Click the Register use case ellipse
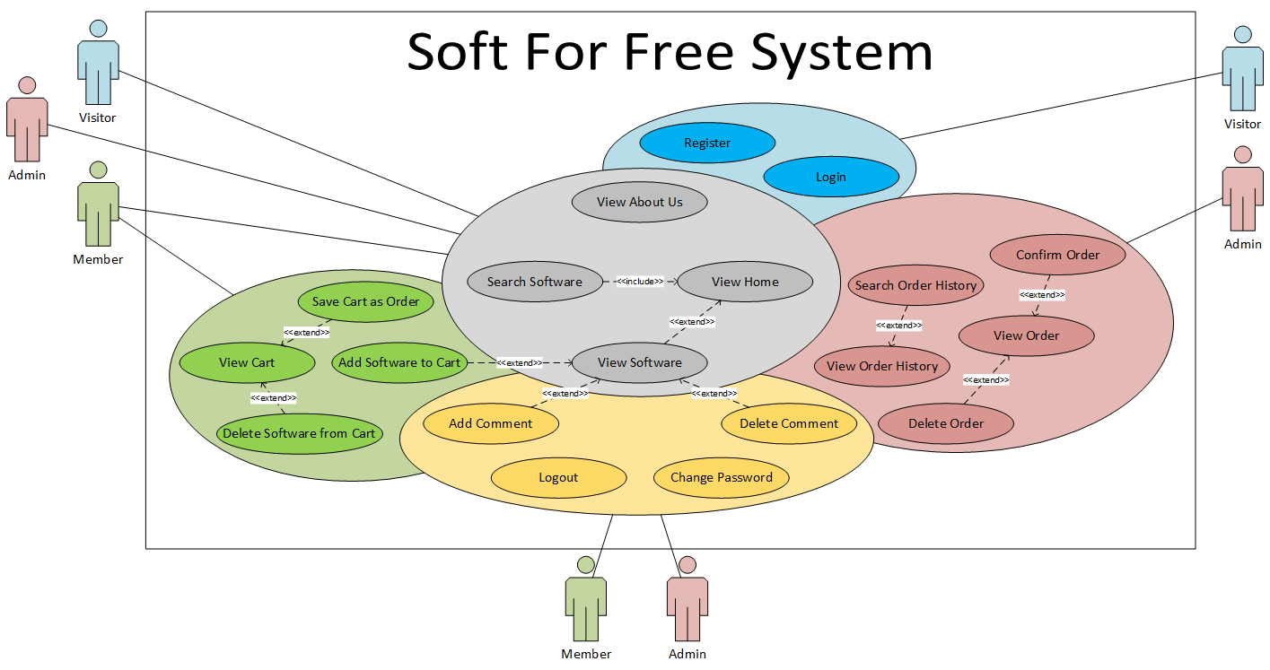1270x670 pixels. [x=707, y=143]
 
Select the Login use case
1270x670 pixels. [x=830, y=177]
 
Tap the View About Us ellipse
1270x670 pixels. [x=639, y=202]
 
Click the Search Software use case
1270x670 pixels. [x=534, y=282]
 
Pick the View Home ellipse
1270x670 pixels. [x=745, y=282]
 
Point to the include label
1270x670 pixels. [x=640, y=282]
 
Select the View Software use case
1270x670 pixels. [x=639, y=362]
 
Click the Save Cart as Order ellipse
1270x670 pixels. [x=365, y=301]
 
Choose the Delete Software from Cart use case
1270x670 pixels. [x=299, y=433]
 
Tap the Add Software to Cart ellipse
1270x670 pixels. [x=399, y=362]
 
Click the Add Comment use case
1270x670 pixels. [x=490, y=423]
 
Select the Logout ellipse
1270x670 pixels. [x=558, y=477]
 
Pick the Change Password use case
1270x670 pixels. [x=721, y=477]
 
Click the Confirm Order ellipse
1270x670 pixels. [x=1057, y=255]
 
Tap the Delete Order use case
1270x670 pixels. [x=946, y=423]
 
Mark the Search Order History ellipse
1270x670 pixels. [x=915, y=285]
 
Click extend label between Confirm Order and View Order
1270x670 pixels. [x=1042, y=294]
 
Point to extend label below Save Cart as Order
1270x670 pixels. [x=306, y=333]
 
